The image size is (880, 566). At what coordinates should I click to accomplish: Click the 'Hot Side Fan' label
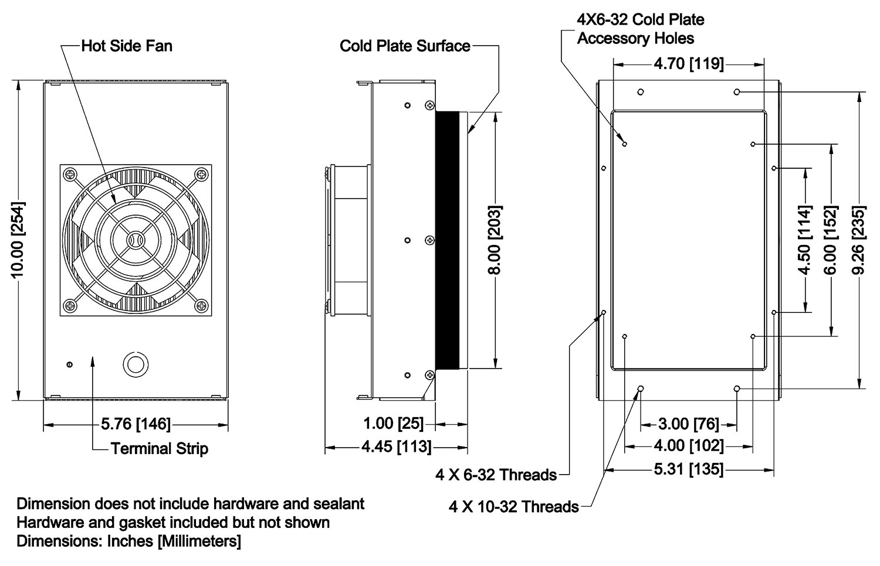126,46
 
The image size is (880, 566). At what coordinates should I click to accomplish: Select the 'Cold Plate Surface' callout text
405,46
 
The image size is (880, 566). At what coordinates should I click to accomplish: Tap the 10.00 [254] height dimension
18,240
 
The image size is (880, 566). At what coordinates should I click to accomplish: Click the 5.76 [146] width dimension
136,423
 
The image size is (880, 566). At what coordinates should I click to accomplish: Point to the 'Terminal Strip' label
160,449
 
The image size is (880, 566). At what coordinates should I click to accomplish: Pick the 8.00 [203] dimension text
494,240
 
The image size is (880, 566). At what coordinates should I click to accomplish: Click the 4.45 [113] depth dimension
396,447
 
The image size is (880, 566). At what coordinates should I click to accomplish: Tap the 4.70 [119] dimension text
688,63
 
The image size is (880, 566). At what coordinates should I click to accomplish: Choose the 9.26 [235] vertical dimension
859,240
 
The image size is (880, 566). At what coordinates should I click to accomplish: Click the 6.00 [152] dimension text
832,240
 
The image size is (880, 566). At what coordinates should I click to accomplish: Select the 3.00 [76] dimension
688,423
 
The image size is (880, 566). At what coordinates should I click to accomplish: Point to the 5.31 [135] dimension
688,469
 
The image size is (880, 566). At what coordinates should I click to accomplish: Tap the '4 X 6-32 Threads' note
496,474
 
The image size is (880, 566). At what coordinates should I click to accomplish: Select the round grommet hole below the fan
136,363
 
